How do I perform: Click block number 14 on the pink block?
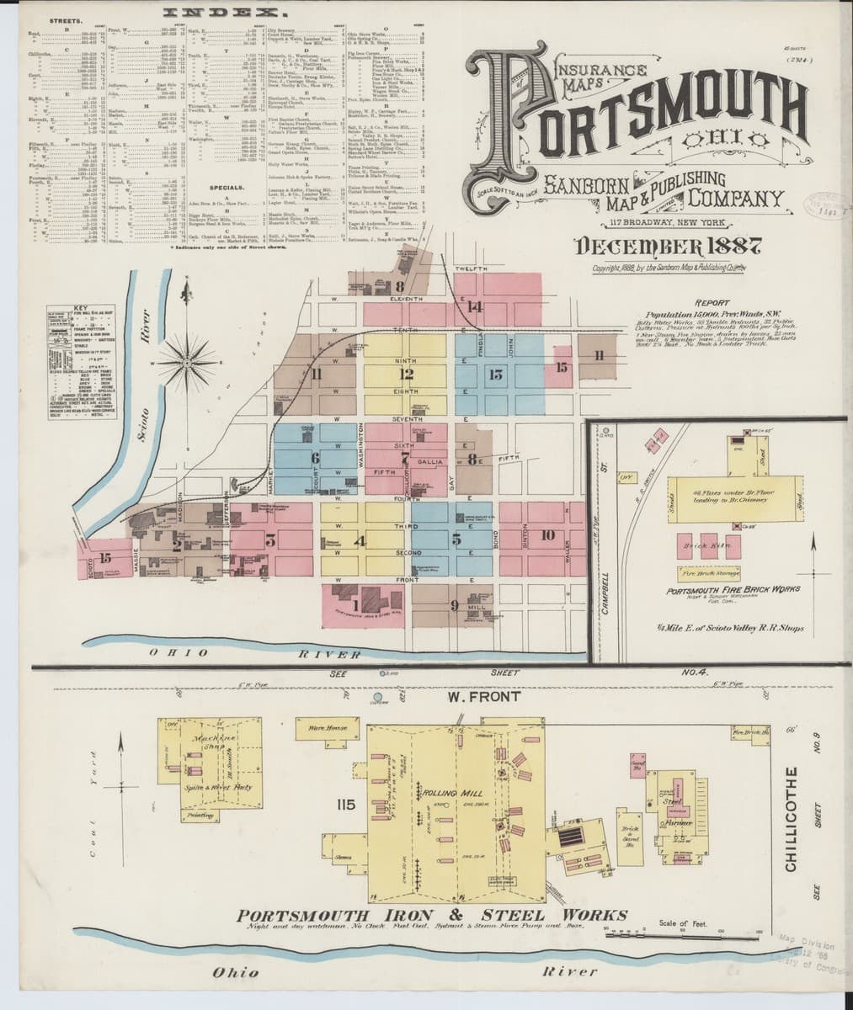coord(476,306)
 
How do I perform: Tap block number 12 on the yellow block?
coord(408,374)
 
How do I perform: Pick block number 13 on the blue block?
coord(495,374)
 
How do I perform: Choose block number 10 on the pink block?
coord(547,535)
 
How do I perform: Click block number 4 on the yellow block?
coord(360,540)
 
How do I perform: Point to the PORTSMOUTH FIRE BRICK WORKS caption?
coord(732,590)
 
